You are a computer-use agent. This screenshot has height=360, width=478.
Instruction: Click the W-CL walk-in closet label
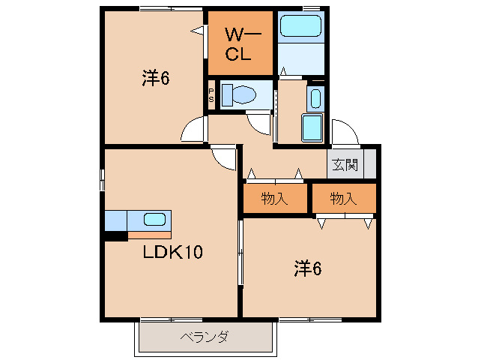(x=240, y=44)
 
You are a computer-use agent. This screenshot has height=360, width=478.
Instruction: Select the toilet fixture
(x=241, y=95)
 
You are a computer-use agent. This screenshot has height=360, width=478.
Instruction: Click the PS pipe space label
(x=211, y=95)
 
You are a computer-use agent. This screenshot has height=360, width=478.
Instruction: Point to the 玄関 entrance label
(x=345, y=164)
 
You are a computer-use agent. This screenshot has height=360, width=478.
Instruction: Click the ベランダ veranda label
(x=204, y=337)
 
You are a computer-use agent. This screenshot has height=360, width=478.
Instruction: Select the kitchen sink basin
(x=154, y=220)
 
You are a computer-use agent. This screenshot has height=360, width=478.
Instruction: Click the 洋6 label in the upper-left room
(x=154, y=78)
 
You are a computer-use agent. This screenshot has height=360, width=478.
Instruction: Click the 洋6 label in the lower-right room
(x=307, y=268)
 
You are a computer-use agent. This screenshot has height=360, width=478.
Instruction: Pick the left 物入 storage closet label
(x=274, y=199)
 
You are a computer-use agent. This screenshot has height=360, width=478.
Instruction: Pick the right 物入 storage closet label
(x=343, y=199)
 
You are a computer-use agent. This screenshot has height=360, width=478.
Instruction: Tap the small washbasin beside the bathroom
(x=315, y=99)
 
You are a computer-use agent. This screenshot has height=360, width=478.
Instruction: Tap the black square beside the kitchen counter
(x=115, y=236)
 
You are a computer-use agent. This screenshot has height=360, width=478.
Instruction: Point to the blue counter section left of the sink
(x=116, y=220)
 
